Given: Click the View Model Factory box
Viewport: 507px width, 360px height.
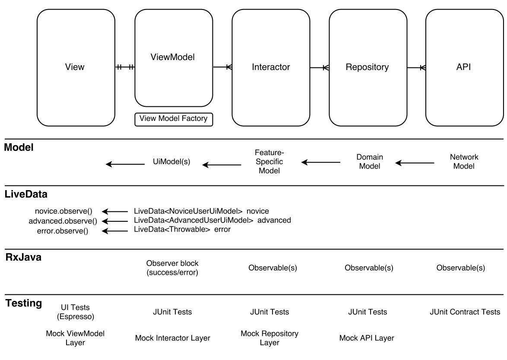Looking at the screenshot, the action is coord(174,119).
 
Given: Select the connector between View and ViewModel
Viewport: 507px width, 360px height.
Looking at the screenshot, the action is coord(125,67).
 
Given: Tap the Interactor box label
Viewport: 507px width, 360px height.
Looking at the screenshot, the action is coord(271,67).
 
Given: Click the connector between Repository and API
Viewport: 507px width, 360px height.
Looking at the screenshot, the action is coord(416,67).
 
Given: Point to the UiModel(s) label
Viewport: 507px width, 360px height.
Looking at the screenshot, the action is coord(171,161).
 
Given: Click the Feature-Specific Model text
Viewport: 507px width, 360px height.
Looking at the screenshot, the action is coord(269,161).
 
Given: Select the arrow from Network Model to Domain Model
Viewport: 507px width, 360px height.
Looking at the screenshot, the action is coord(415,162).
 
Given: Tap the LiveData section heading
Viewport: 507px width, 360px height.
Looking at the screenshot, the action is coord(26,194).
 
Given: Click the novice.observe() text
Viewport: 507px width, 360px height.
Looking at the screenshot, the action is coord(63,211).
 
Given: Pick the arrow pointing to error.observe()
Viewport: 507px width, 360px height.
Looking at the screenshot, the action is coord(115,231).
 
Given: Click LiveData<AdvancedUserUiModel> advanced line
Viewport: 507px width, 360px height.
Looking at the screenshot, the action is coord(212,220).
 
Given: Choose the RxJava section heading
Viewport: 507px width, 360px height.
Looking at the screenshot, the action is coord(23,257).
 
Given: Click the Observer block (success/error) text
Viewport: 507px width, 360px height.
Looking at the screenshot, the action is coord(172,268).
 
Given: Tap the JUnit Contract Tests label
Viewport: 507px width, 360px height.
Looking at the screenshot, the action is coord(465,312).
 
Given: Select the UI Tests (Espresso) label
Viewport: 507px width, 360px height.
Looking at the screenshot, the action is coord(75,312).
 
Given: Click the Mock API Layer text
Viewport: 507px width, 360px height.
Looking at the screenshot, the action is coord(367,338).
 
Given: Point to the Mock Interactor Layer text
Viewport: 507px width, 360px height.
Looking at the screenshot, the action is coord(173,338).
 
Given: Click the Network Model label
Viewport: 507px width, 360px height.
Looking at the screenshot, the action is coord(464,161).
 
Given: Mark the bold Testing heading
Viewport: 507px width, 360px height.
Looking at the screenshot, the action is coord(24,303).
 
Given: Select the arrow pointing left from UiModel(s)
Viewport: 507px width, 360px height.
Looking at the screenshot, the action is coord(125,164).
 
